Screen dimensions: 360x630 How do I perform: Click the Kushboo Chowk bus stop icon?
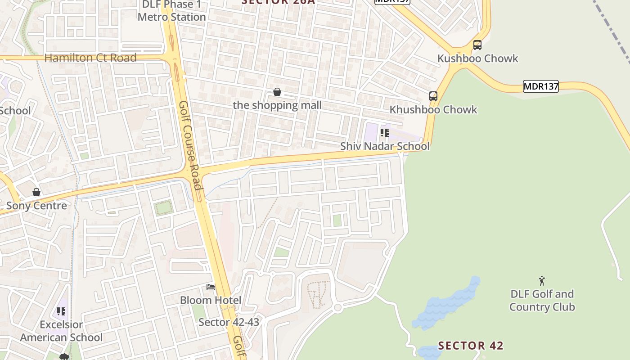pyautogui.click(x=477, y=45)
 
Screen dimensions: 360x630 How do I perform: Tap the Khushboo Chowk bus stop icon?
pyautogui.click(x=433, y=96)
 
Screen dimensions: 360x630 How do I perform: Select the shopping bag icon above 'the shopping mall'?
pyautogui.click(x=277, y=92)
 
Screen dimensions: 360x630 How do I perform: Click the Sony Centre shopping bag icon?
pyautogui.click(x=36, y=193)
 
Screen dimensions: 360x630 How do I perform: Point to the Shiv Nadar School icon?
pyautogui.click(x=384, y=133)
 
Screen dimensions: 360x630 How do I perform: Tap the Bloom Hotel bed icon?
pyautogui.click(x=210, y=287)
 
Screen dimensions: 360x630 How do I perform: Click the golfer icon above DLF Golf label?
pyautogui.click(x=542, y=281)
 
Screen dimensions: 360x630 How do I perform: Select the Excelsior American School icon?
pyautogui.click(x=61, y=311)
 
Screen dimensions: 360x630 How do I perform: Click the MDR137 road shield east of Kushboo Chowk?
pyautogui.click(x=540, y=86)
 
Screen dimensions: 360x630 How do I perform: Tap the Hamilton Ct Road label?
pyautogui.click(x=90, y=58)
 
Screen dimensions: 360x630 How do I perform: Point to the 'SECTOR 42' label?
pyautogui.click(x=471, y=346)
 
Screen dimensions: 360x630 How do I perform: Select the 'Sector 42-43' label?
pyautogui.click(x=229, y=322)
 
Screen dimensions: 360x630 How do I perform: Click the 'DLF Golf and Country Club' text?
pyautogui.click(x=542, y=301)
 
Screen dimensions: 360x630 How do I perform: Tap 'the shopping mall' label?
pyautogui.click(x=277, y=105)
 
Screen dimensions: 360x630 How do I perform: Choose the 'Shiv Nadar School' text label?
pyautogui.click(x=385, y=146)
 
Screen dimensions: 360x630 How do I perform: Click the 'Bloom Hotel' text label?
pyautogui.click(x=211, y=300)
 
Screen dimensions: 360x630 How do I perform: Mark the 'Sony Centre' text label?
pyautogui.click(x=36, y=206)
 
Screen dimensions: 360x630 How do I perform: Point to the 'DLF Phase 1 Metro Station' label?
pyautogui.click(x=172, y=11)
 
